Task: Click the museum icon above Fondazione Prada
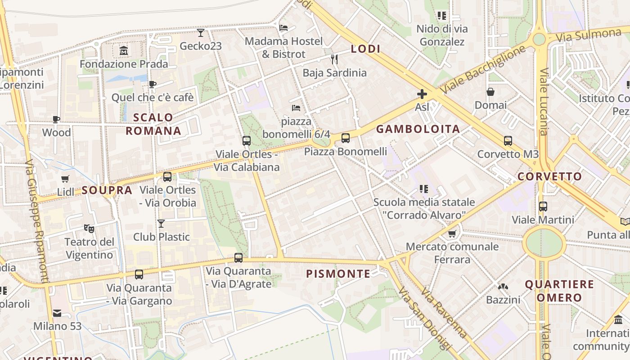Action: [x=124, y=51]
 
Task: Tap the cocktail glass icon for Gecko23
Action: [x=201, y=33]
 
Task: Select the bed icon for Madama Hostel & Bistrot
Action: [x=283, y=28]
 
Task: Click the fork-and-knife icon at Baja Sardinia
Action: [x=334, y=59]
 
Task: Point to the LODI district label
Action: [x=365, y=49]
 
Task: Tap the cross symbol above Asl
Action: [x=422, y=94]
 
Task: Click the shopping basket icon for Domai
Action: [x=490, y=92]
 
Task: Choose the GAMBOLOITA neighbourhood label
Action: [x=418, y=129]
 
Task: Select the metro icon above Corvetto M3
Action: [x=508, y=141]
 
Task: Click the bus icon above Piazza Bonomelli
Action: [x=346, y=138]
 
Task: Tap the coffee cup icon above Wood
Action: [x=56, y=119]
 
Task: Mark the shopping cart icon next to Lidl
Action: [x=65, y=179]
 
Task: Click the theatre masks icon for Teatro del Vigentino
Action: [x=89, y=229]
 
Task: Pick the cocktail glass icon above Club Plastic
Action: [x=161, y=223]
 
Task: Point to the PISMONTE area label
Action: [x=338, y=274]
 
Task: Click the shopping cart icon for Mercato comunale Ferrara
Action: [x=452, y=234]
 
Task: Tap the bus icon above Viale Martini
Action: [x=543, y=207]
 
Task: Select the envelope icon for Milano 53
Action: [x=57, y=313]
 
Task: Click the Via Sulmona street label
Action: [x=589, y=35]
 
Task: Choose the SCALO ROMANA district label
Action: [x=153, y=124]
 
